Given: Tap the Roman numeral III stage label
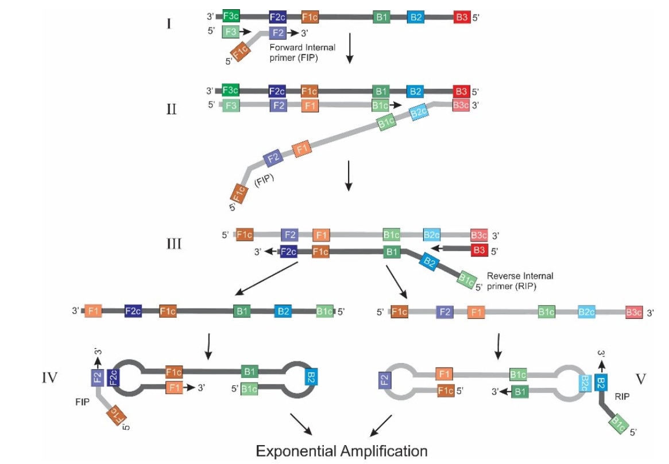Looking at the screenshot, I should coord(172,244).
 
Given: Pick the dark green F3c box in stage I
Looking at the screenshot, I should coord(231,17).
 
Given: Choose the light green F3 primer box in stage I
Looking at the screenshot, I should coord(230,32).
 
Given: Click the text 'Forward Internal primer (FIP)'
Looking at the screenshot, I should coord(303,52).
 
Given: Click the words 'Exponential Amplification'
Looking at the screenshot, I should coord(342,450).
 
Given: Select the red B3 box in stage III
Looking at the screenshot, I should coord(479,251).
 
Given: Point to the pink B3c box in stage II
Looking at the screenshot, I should coord(461,106).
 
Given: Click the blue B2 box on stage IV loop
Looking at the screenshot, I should coord(310,377).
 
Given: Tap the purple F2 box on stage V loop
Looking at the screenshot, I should coord(384,380).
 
